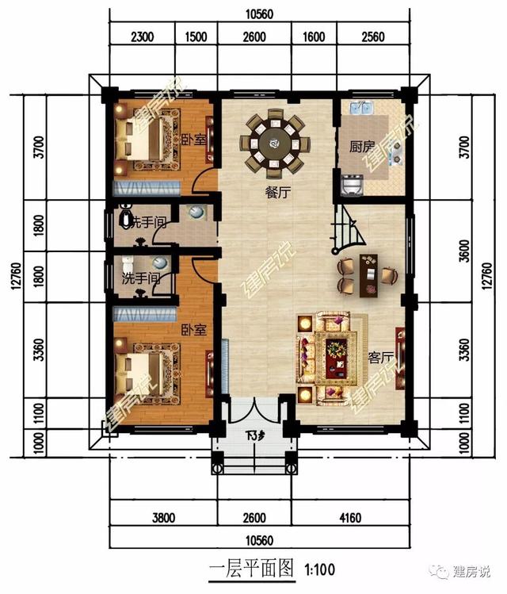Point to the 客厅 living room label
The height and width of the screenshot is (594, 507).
[381, 357]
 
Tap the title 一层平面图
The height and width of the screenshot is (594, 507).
[251, 568]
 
